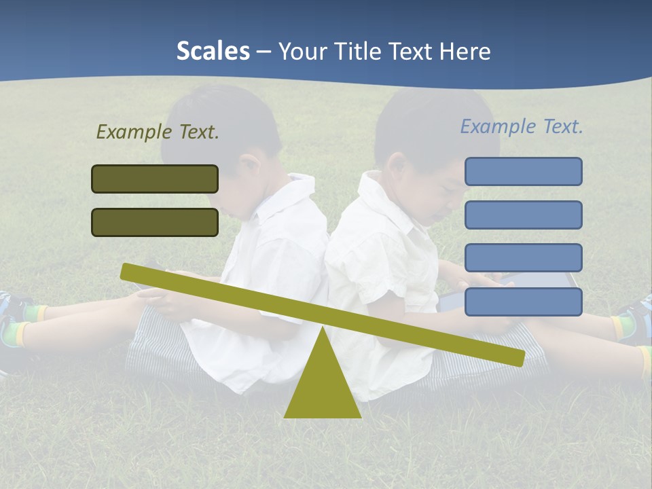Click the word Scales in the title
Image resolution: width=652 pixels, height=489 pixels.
pos(213,51)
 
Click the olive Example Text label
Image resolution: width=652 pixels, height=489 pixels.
pos(158,132)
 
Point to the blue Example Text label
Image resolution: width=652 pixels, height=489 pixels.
pos(522,126)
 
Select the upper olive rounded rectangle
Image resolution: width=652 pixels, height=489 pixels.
pos(155,179)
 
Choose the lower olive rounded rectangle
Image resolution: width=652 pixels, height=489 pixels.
pos(155,222)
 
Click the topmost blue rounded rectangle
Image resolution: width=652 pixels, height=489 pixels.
pos(523,171)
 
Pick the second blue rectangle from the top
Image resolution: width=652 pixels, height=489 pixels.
pos(523,215)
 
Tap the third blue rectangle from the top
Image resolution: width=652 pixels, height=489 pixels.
pos(523,258)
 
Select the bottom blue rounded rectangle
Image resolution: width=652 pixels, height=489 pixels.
pos(523,302)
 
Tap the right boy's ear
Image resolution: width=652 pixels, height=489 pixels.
pos(395,166)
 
